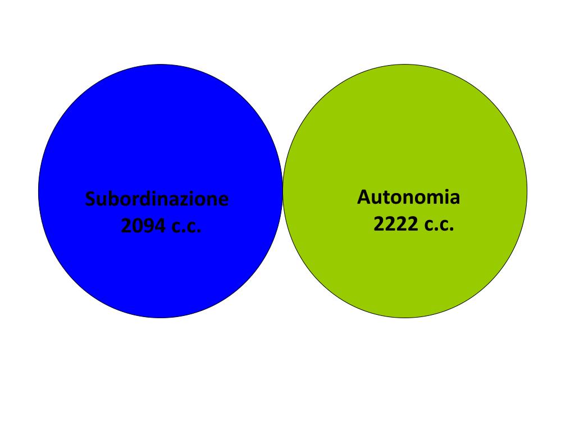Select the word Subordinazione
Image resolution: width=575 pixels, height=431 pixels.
coord(157,199)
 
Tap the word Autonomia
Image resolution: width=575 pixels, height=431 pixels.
coord(408,198)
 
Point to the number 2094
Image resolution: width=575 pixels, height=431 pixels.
coord(143,226)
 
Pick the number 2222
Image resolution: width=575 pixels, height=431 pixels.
coord(395,224)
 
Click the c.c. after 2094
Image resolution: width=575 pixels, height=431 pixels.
coord(185,227)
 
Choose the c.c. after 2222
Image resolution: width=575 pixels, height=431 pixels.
coord(438,225)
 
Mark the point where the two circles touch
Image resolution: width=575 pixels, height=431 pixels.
coord(282,191)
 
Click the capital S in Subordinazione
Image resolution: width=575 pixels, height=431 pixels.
coord(90,199)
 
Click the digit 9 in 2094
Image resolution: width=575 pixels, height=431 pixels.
coord(149,226)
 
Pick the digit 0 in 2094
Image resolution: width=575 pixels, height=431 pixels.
coord(138,226)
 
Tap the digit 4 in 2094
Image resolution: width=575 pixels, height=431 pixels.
coord(160,226)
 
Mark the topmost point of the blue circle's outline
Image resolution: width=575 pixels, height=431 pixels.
coord(160,65)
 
